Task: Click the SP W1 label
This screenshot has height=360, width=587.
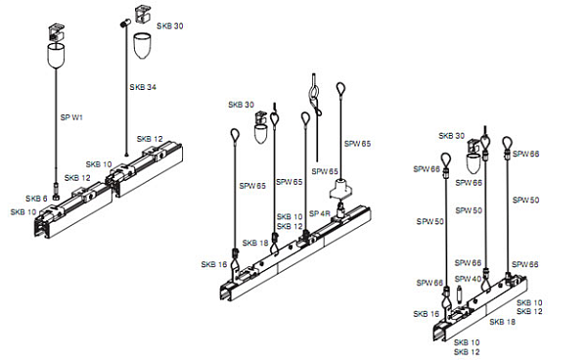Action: click(x=71, y=117)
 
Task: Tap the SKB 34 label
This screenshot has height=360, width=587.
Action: click(x=143, y=87)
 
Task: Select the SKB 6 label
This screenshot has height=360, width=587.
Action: click(x=36, y=199)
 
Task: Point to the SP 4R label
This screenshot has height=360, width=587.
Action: click(x=320, y=213)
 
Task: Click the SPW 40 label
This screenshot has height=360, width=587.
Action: click(x=468, y=279)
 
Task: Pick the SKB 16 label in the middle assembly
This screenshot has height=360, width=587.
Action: click(x=214, y=264)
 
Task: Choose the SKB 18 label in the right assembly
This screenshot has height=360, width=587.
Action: click(x=503, y=322)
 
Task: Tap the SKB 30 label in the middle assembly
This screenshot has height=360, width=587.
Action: click(x=241, y=105)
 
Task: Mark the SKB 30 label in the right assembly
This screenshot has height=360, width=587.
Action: click(x=451, y=136)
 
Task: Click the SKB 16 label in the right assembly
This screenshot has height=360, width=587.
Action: click(x=426, y=314)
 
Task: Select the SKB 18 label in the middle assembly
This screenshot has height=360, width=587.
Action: click(x=255, y=243)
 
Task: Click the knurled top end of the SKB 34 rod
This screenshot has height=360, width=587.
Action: click(x=125, y=22)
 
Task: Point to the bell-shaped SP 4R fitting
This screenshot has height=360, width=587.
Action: click(x=341, y=189)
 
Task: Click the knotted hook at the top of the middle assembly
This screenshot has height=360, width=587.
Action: click(x=315, y=98)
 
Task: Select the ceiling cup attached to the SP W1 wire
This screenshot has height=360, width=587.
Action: click(x=56, y=55)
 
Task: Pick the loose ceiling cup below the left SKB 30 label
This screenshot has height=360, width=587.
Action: click(x=142, y=45)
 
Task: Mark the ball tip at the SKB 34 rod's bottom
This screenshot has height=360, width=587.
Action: click(x=126, y=155)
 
